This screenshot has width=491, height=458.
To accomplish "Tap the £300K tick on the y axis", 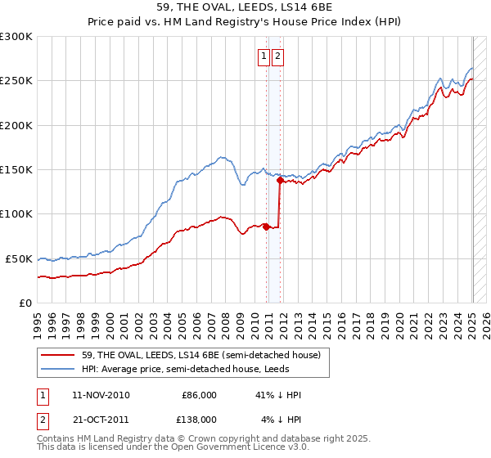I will click(16, 37).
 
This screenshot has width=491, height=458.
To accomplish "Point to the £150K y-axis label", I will click(16, 170).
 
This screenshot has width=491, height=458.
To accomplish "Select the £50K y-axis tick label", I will click(20, 258).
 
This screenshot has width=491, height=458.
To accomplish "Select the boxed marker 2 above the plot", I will click(278, 56).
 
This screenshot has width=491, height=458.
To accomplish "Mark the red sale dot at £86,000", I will click(267, 227).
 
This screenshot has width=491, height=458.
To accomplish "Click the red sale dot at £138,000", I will click(280, 181).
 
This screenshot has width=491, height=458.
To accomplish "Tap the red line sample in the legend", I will click(57, 355).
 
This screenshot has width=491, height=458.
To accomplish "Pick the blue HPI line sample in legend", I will click(57, 369).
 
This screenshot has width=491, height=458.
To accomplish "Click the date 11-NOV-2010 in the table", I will click(101, 395).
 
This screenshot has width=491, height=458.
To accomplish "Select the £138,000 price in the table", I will click(199, 419).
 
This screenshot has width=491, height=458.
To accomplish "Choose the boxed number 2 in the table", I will click(41, 419).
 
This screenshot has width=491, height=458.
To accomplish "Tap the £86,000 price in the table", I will click(199, 395).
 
